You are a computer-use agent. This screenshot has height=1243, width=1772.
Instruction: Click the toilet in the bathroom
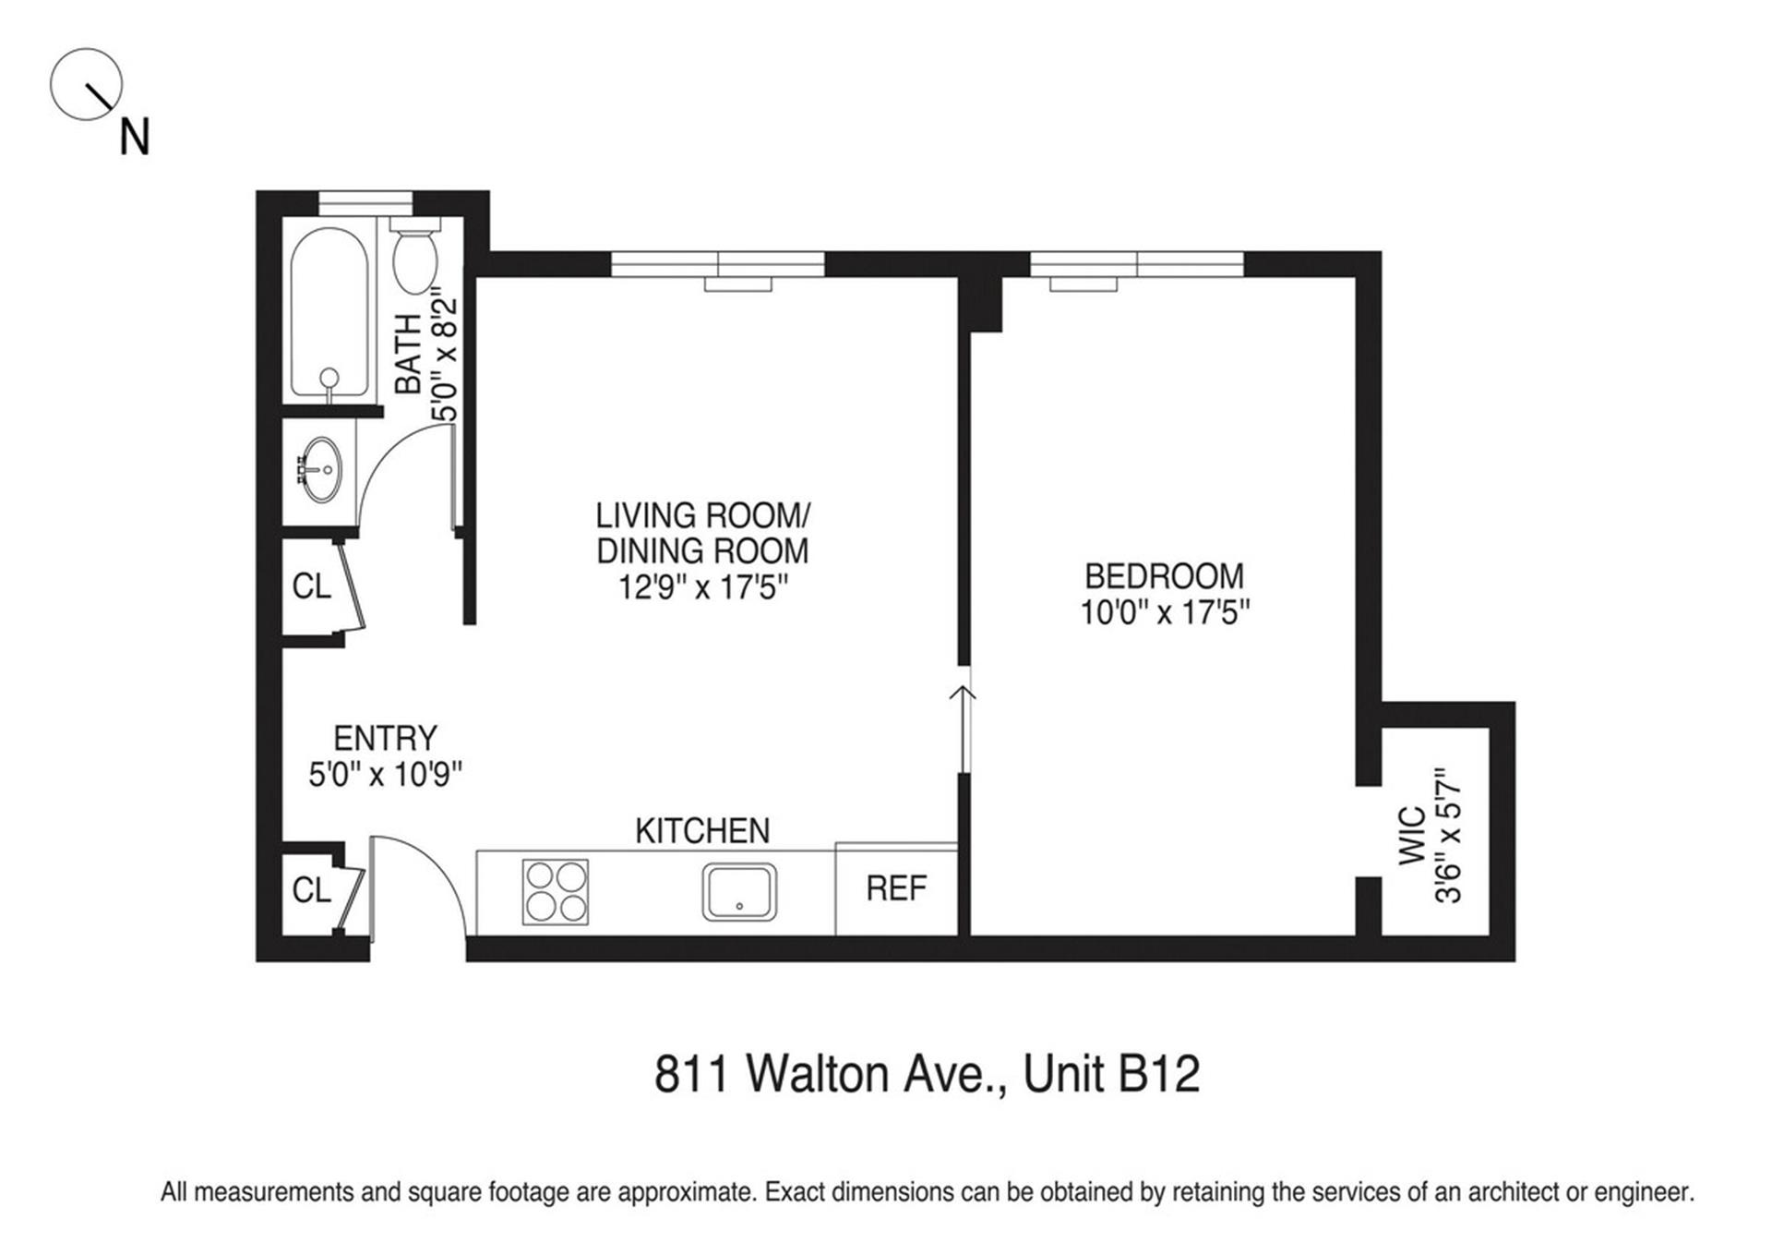(x=414, y=259)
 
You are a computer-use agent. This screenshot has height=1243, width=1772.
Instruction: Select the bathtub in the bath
(x=329, y=314)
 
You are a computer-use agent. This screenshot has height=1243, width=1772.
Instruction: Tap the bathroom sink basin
(x=322, y=469)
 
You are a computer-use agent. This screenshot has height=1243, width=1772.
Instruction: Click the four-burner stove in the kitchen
(x=556, y=892)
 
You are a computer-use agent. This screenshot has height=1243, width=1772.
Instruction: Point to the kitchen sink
(x=739, y=892)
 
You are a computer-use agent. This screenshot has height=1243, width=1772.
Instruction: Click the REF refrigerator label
(x=896, y=888)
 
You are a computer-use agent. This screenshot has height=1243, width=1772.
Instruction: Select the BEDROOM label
(x=1164, y=576)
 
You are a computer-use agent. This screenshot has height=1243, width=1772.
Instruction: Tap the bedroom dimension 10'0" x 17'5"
(x=1165, y=612)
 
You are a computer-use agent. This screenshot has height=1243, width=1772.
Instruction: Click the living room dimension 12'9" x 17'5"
(x=703, y=587)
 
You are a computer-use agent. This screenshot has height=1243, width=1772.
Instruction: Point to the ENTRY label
(x=385, y=738)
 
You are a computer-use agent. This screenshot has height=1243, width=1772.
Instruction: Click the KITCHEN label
(x=702, y=831)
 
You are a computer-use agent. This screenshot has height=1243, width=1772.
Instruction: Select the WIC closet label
(x=1413, y=836)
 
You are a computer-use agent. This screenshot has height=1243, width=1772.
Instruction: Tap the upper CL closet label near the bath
(x=311, y=585)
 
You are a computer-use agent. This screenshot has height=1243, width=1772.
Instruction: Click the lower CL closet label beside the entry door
(x=311, y=889)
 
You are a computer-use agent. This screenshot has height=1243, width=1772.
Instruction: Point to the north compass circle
(x=86, y=84)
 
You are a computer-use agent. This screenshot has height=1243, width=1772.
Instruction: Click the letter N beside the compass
(x=135, y=138)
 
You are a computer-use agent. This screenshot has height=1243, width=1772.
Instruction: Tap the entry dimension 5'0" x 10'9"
(x=385, y=775)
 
